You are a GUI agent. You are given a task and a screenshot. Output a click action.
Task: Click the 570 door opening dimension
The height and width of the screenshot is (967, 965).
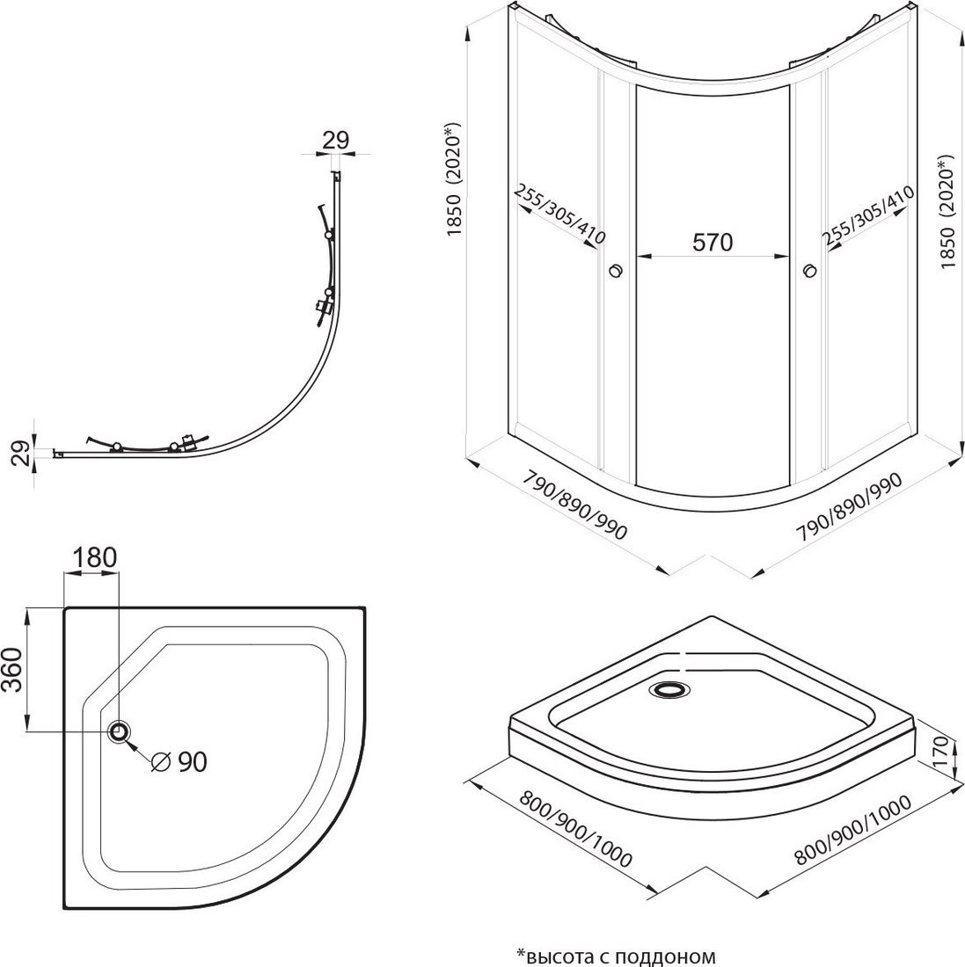pyautogui.click(x=713, y=243)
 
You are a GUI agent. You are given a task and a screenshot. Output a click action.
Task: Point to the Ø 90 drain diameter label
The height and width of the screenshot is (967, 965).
pyautogui.click(x=179, y=761)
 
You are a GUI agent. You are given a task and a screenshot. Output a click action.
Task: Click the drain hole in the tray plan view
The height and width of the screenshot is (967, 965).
pyautogui.click(x=119, y=731)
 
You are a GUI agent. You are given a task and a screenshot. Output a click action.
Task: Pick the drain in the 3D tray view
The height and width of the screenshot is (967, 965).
pyautogui.click(x=673, y=689)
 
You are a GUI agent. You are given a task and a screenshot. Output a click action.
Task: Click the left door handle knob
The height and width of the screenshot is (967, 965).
pyautogui.click(x=615, y=271)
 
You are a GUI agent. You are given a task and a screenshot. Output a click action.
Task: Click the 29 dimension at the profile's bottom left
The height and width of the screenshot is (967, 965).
pyautogui.click(x=25, y=453)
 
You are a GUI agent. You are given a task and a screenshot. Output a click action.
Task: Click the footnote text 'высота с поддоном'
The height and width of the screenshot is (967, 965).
pyautogui.click(x=617, y=955)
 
